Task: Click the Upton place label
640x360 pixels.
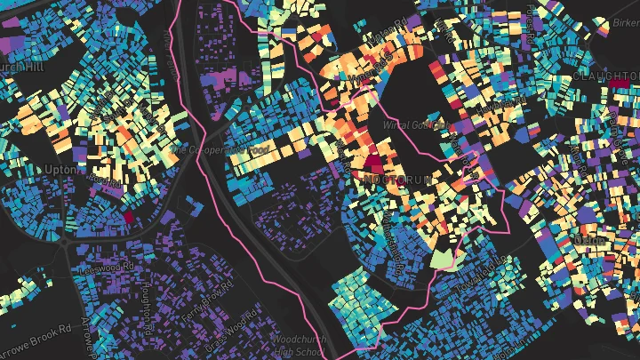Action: tap(56, 169)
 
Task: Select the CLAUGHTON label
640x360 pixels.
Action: tap(606, 77)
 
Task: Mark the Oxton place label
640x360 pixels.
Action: tap(588, 239)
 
